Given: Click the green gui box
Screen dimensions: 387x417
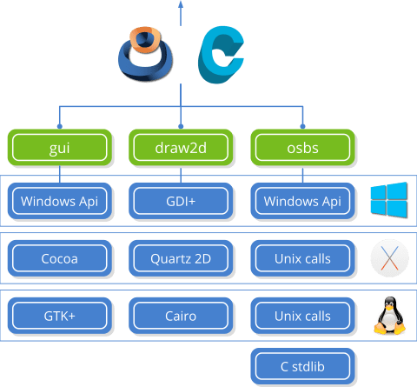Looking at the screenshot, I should [x=60, y=148].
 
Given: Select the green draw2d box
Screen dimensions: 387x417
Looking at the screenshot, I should [x=182, y=148].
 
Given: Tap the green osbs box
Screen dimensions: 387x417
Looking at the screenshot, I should [x=303, y=148].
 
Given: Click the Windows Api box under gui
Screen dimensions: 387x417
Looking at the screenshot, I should [x=60, y=202].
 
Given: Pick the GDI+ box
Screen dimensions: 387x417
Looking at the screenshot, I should [x=182, y=202].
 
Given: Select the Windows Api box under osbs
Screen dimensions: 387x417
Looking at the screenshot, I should [x=303, y=202].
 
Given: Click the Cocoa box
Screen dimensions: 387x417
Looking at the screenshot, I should [x=60, y=257].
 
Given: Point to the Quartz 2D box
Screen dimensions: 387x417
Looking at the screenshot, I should [x=182, y=257].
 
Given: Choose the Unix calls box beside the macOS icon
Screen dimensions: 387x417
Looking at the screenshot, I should [x=303, y=257].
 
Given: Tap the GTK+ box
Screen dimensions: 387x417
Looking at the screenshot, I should [x=60, y=314].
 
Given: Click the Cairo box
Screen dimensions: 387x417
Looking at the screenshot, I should [x=182, y=314].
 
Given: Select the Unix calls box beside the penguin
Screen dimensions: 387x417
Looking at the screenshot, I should [x=303, y=314].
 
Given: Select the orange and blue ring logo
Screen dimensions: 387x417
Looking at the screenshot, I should [x=145, y=54].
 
